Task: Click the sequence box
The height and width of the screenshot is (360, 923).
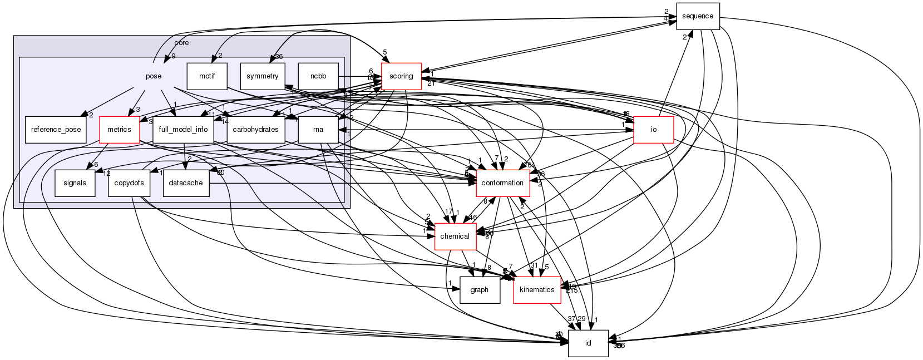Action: pyautogui.click(x=698, y=16)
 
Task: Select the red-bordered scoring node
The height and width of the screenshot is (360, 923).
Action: pyautogui.click(x=401, y=76)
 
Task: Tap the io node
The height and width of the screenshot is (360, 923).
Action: pyautogui.click(x=654, y=130)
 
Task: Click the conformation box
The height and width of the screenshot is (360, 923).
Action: pyautogui.click(x=502, y=183)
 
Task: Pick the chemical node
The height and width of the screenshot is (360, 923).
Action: pyautogui.click(x=455, y=236)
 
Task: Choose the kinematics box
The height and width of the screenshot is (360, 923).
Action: pyautogui.click(x=536, y=290)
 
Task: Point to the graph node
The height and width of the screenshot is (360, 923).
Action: pyautogui.click(x=479, y=290)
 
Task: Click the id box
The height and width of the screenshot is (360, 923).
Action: pyautogui.click(x=588, y=343)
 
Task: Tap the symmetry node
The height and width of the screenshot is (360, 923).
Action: pyautogui.click(x=262, y=76)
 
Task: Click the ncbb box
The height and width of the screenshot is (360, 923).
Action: pyautogui.click(x=318, y=76)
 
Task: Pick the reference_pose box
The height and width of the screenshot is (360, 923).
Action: pyautogui.click(x=56, y=130)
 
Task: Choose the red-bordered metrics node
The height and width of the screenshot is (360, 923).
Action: pyautogui.click(x=119, y=130)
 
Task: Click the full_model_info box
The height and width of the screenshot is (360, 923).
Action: pyautogui.click(x=183, y=130)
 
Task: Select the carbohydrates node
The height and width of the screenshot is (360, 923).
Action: pyautogui.click(x=256, y=130)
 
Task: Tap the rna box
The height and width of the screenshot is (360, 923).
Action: pyautogui.click(x=318, y=130)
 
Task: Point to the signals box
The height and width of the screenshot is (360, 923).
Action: pyautogui.click(x=75, y=183)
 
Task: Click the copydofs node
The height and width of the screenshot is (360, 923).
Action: pyautogui.click(x=129, y=183)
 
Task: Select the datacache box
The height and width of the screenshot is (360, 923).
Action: pyautogui.click(x=186, y=183)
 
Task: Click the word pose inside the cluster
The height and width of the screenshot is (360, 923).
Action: pyautogui.click(x=154, y=76)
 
